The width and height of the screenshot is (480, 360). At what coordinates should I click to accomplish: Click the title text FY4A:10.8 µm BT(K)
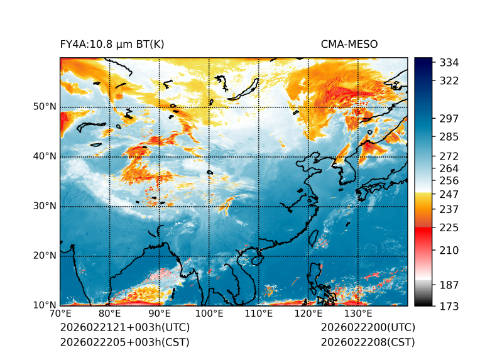(x=112, y=45)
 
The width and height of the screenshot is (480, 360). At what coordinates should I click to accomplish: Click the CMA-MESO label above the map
(x=349, y=45)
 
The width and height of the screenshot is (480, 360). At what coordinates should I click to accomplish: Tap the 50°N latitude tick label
(x=44, y=107)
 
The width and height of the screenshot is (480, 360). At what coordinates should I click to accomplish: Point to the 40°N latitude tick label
(x=44, y=156)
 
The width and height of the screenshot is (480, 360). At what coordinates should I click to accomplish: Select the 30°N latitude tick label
(x=44, y=206)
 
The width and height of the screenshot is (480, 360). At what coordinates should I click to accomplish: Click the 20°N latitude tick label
(x=44, y=256)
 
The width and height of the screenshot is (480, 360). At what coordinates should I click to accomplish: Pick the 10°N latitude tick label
(x=44, y=305)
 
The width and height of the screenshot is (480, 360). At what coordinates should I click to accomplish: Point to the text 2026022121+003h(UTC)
(x=124, y=328)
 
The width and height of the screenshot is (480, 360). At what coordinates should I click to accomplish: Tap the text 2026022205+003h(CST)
(x=124, y=342)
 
